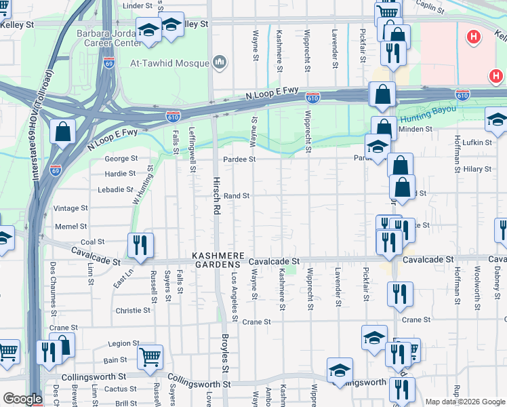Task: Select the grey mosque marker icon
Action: coord(219,63)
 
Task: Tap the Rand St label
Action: coord(237,196)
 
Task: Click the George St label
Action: coord(121,159)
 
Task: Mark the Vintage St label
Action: coord(70,208)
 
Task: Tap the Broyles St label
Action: coord(226,352)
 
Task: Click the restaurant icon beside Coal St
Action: coord(140,246)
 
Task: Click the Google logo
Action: coord(22,399)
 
